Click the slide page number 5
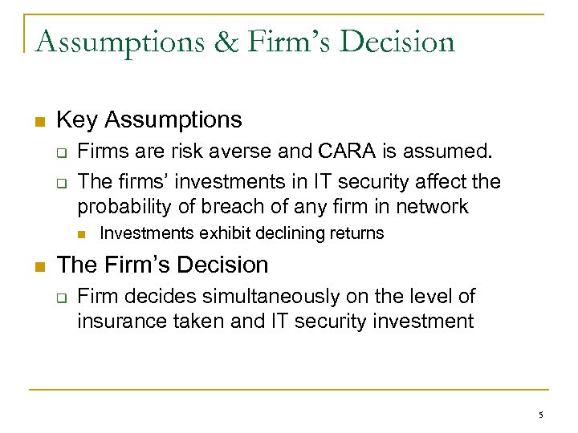point(540,415)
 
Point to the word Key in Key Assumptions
point(77,120)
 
